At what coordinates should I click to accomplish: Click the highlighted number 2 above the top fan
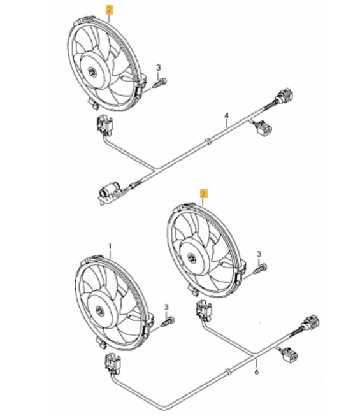pyautogui.click(x=109, y=10)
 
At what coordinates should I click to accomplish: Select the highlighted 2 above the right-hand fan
pyautogui.click(x=203, y=194)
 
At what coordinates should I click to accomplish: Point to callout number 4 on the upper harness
pyautogui.click(x=226, y=116)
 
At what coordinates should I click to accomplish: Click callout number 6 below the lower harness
pyautogui.click(x=257, y=372)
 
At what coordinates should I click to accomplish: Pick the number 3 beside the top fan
pyautogui.click(x=159, y=68)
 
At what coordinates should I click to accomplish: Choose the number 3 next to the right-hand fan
pyautogui.click(x=259, y=254)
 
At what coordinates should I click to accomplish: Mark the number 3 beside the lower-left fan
pyautogui.click(x=166, y=307)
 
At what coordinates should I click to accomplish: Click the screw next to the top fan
pyautogui.click(x=160, y=83)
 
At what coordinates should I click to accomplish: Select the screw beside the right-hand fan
pyautogui.click(x=260, y=269)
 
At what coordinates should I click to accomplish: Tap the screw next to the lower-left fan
pyautogui.click(x=168, y=322)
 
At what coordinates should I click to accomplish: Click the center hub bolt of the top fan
pyautogui.click(x=92, y=71)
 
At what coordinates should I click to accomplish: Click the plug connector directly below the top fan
pyautogui.click(x=104, y=125)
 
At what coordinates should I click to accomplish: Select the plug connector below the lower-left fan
pyautogui.click(x=113, y=364)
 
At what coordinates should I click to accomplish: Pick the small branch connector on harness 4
pyautogui.click(x=263, y=128)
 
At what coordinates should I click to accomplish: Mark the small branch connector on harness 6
pyautogui.click(x=289, y=355)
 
